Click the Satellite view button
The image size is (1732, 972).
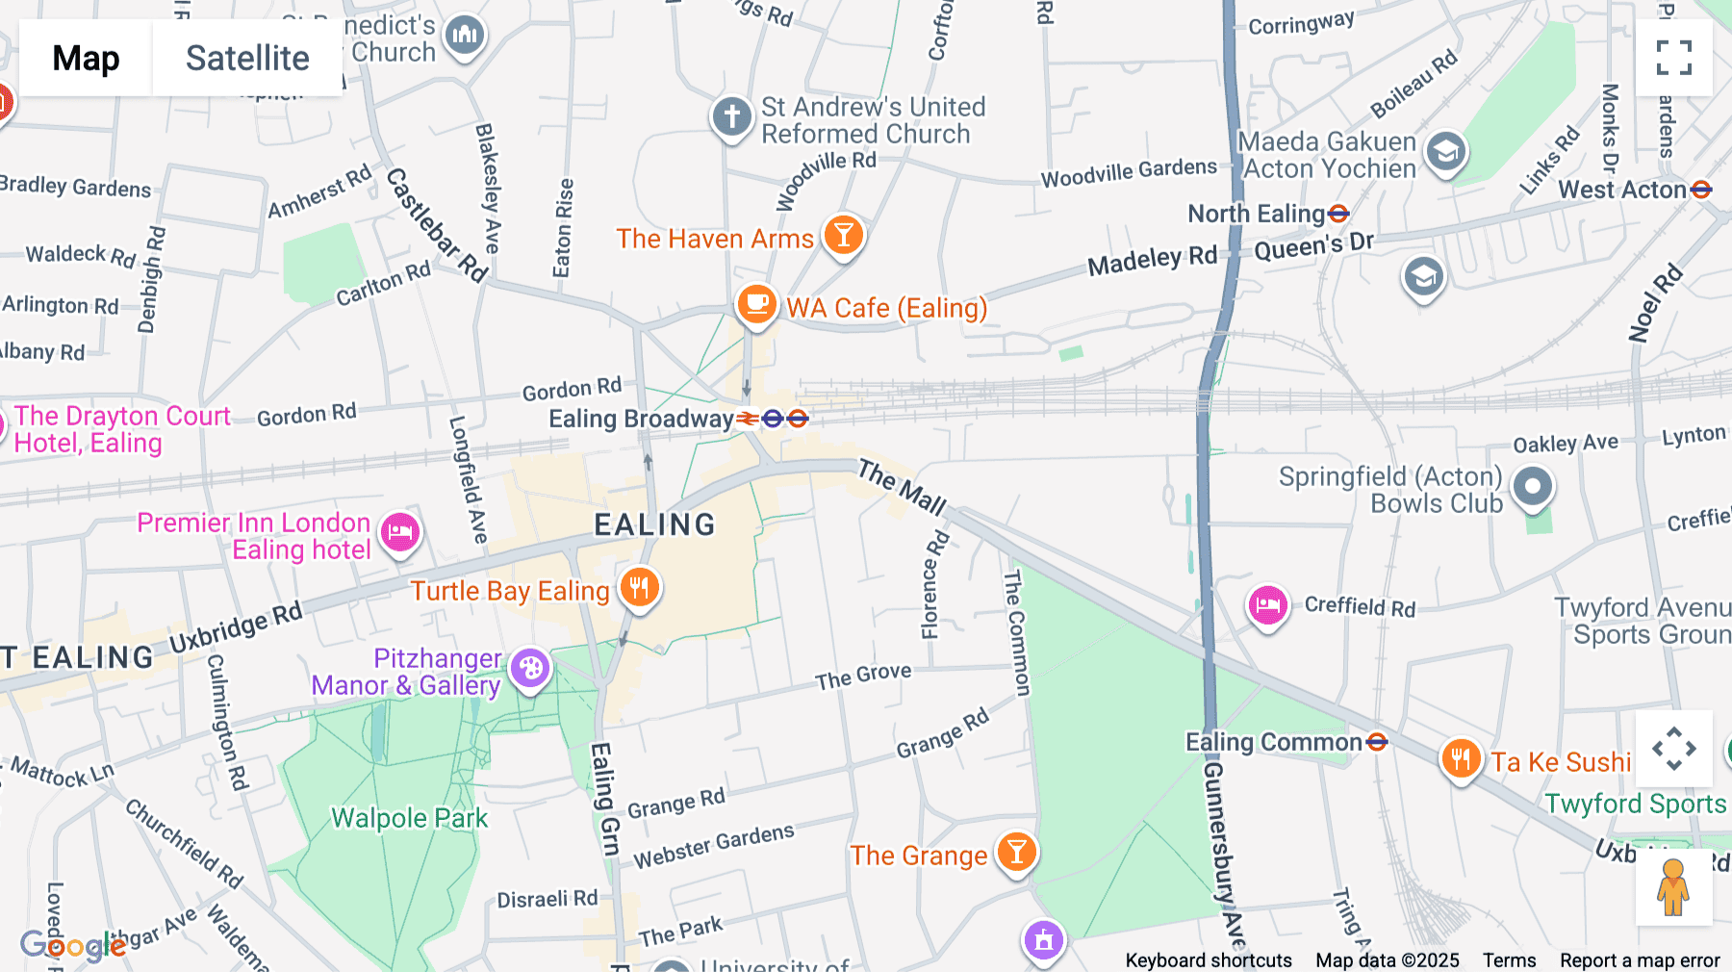click(247, 59)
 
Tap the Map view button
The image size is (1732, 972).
click(86, 59)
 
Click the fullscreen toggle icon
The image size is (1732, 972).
click(1673, 58)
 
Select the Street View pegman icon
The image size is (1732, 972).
click(1673, 887)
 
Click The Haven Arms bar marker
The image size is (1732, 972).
click(844, 235)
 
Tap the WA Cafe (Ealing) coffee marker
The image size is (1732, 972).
click(757, 304)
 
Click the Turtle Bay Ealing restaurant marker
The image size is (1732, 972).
click(639, 586)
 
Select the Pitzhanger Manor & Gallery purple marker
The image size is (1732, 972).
click(530, 668)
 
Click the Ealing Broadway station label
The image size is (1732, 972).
click(642, 419)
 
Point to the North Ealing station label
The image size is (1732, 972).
click(1257, 214)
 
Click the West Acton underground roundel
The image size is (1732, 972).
click(1701, 190)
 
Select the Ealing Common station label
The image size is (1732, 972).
click(1273, 742)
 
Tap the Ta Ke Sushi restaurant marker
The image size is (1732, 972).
click(1460, 759)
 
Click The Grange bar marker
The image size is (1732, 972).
click(1016, 852)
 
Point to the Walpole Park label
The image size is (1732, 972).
click(409, 818)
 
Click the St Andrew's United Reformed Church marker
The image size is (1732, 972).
click(731, 116)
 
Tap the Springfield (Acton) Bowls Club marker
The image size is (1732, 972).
click(1532, 487)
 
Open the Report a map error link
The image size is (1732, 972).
click(1640, 960)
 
